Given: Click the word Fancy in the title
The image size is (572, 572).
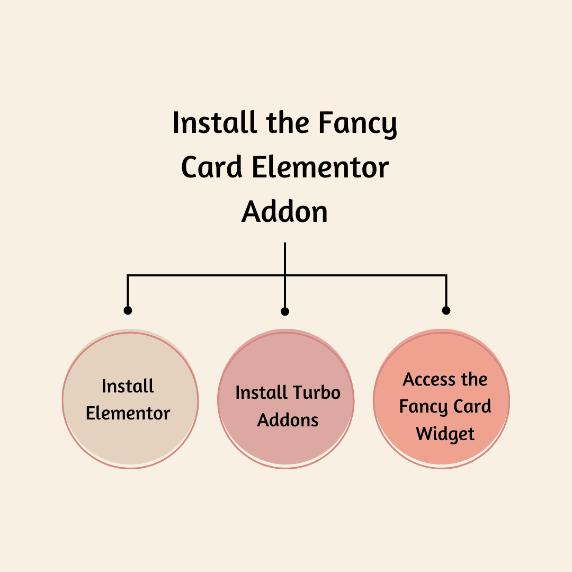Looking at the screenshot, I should [x=358, y=123].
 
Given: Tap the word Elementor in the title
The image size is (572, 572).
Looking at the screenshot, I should [x=320, y=168].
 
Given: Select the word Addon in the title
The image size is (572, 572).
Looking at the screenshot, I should [x=285, y=212].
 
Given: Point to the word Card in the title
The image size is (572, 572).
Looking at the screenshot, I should [x=212, y=168].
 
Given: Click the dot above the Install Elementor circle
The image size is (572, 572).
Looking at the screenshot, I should [x=128, y=310].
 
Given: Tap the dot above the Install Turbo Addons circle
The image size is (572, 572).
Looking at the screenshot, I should [x=285, y=311].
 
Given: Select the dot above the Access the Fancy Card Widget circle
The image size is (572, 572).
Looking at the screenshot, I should [x=446, y=310].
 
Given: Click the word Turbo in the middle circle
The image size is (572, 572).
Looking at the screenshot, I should [x=316, y=393].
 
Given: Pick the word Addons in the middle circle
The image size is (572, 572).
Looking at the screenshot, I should [x=288, y=421].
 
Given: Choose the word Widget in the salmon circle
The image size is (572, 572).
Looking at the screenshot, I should [x=445, y=434].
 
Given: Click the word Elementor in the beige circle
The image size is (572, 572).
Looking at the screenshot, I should [x=128, y=414].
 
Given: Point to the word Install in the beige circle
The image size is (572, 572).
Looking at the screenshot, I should [x=128, y=386].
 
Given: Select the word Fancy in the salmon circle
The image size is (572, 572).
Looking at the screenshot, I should [x=421, y=407].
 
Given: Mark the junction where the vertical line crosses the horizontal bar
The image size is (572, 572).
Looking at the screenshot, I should [x=285, y=275].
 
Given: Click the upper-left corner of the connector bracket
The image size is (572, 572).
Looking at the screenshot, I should [x=128, y=275].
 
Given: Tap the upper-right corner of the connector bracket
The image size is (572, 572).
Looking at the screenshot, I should [x=446, y=275].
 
